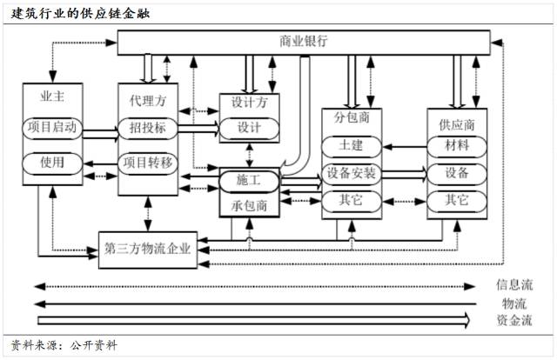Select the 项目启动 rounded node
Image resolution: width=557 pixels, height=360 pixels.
(x=53, y=127)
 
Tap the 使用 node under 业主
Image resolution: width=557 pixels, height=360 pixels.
(x=53, y=163)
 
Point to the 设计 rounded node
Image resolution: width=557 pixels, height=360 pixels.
(x=249, y=128)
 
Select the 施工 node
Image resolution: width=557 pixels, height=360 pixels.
(x=249, y=179)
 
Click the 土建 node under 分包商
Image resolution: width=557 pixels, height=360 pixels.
(x=352, y=144)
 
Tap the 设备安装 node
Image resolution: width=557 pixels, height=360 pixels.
(x=352, y=172)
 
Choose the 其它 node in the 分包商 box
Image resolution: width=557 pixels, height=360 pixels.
(x=352, y=200)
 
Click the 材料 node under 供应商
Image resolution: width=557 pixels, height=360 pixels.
(x=457, y=143)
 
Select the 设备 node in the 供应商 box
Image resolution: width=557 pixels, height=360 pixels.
(x=457, y=172)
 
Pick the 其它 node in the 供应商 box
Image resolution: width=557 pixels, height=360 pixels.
(x=457, y=200)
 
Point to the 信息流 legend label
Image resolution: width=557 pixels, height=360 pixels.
(x=513, y=284)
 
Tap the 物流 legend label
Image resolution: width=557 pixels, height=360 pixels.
(x=513, y=303)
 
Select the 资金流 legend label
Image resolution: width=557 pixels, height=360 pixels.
(x=513, y=320)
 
